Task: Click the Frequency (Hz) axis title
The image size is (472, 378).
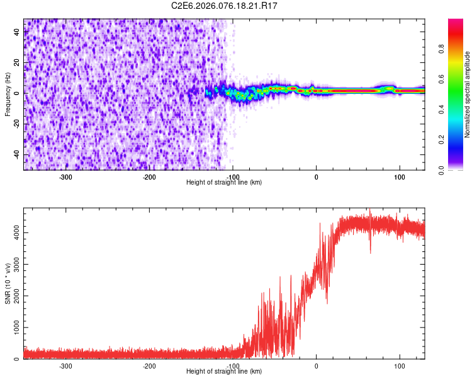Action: tap(8, 94)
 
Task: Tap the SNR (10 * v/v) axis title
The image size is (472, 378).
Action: tap(8, 283)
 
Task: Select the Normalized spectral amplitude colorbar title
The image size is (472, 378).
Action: tap(468, 94)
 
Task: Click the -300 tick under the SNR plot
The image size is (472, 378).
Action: tap(65, 366)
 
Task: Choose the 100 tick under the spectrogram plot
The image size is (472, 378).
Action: tap(399, 177)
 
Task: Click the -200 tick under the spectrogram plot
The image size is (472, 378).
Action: tap(149, 177)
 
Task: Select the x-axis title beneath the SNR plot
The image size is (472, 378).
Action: tap(224, 372)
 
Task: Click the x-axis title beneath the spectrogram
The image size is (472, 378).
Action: tap(224, 183)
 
